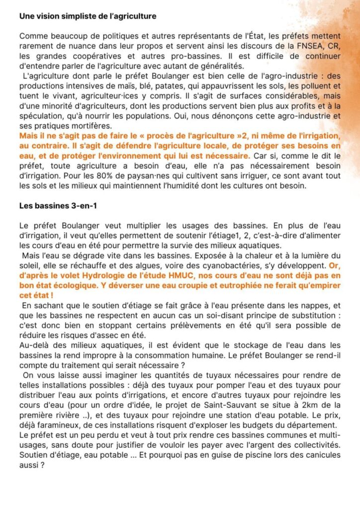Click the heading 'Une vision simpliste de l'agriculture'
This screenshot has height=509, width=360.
88,16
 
